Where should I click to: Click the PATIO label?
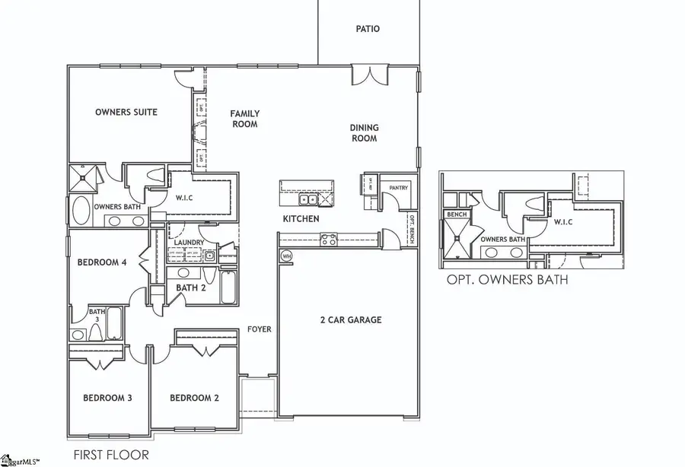368,30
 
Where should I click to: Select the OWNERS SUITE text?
126,113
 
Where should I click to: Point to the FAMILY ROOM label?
244,119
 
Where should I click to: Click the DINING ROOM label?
364,133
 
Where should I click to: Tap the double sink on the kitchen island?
309,200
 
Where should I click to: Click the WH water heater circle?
287,256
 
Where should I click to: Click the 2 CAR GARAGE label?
350,320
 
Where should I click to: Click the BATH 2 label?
192,288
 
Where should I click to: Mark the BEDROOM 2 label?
194,398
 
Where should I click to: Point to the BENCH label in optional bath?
456,215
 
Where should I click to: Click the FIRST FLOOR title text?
111,455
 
